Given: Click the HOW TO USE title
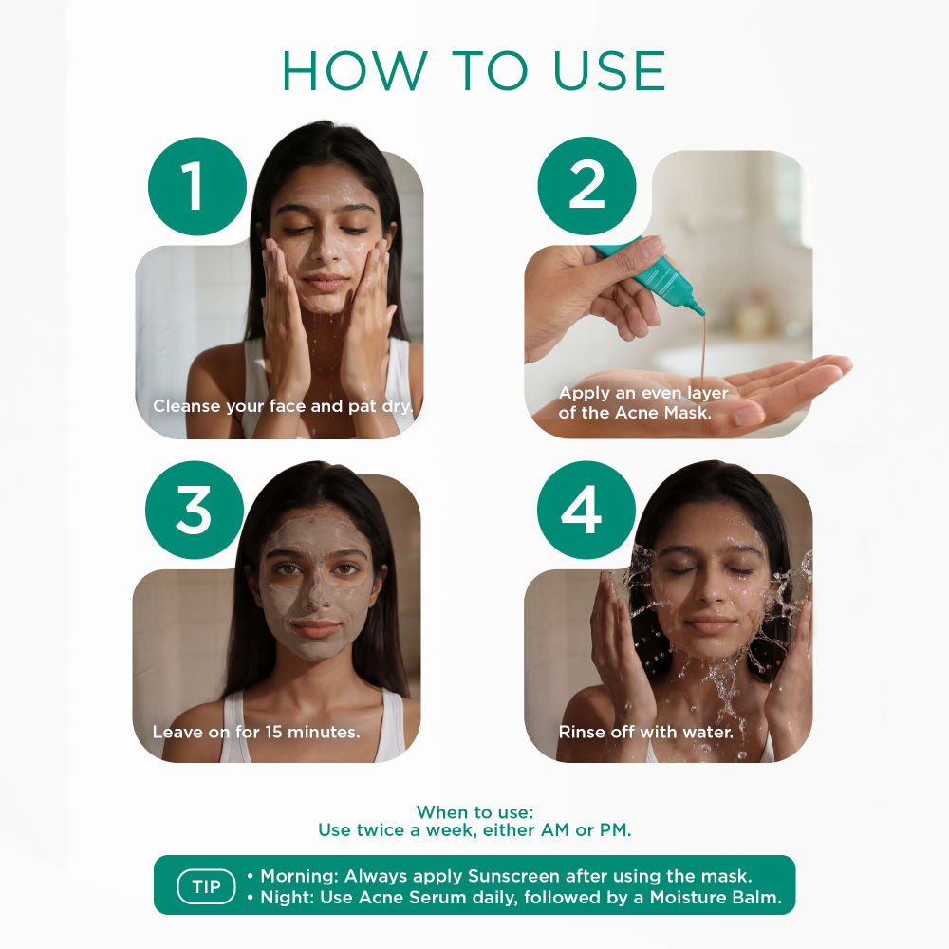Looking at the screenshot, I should (474, 70).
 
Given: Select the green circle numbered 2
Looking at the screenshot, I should (586, 186).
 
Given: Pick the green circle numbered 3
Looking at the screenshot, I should (194, 510).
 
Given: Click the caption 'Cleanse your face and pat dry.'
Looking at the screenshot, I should (284, 406).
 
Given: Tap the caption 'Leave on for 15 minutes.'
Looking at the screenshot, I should (256, 732).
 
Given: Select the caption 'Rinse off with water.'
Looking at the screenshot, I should (645, 732).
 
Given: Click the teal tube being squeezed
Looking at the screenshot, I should (654, 274).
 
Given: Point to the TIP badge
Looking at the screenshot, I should (206, 887).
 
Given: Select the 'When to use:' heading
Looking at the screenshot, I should (474, 812).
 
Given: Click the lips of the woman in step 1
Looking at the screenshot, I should (326, 284).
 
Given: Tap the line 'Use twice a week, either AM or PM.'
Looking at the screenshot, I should (474, 830).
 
